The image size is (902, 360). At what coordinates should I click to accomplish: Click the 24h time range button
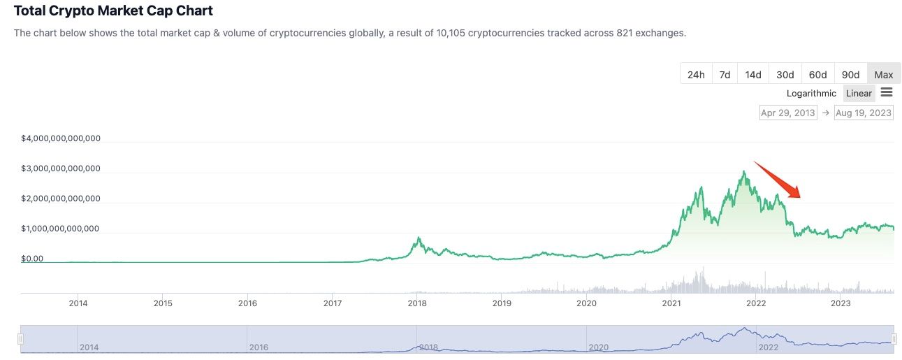[696, 75]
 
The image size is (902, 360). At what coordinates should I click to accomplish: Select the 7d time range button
[725, 75]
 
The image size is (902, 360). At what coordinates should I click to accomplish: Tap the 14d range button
[753, 75]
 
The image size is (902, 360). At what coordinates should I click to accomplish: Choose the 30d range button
[785, 75]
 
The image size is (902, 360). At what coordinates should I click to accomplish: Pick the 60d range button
[818, 75]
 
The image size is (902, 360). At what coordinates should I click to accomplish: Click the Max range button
[883, 75]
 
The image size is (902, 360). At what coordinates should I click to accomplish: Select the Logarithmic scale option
[811, 93]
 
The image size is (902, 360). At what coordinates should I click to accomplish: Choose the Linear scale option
[859, 93]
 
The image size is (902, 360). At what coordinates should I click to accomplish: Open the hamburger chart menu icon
[887, 92]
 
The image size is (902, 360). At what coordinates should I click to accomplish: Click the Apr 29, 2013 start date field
[788, 113]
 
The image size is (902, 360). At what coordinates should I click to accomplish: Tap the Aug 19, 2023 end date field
[864, 113]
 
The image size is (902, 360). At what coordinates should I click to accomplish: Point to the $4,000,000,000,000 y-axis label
[61, 138]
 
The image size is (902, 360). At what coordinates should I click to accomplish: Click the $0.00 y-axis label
[32, 259]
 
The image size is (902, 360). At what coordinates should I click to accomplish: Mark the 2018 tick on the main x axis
[417, 303]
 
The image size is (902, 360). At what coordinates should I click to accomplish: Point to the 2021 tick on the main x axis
[671, 303]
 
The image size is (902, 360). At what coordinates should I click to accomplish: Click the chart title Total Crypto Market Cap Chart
[113, 11]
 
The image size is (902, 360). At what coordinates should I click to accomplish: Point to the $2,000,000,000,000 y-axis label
[61, 199]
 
